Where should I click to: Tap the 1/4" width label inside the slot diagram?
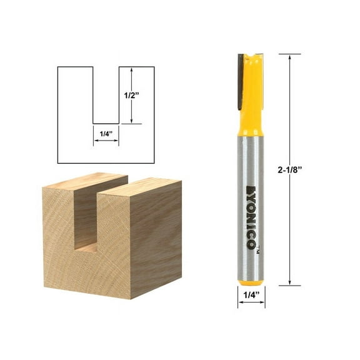tap(106, 132)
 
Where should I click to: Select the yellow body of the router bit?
tap(252, 94)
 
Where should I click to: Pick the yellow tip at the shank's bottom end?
tap(251, 281)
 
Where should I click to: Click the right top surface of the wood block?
tap(141, 186)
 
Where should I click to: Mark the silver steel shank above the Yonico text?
tap(251, 156)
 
